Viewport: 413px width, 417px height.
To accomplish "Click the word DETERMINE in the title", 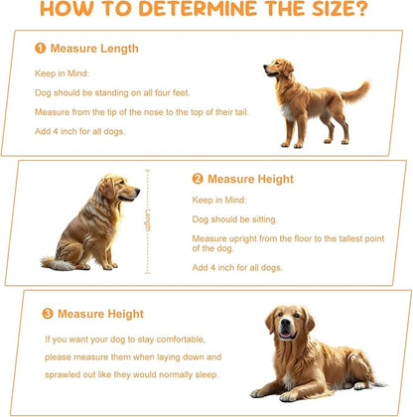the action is pyautogui.click(x=198, y=8).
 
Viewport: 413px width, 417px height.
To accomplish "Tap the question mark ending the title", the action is pyautogui.click(x=361, y=8).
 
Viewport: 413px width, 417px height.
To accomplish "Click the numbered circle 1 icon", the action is pyautogui.click(x=41, y=49).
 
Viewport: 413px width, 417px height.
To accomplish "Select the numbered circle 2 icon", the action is pyautogui.click(x=198, y=179).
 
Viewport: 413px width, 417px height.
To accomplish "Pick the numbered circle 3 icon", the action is pyautogui.click(x=48, y=314).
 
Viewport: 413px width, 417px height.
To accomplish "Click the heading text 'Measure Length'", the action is pyautogui.click(x=94, y=49).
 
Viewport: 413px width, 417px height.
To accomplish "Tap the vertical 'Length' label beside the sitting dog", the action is pyautogui.click(x=148, y=220).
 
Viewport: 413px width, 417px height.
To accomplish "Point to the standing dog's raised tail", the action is pyautogui.click(x=355, y=92).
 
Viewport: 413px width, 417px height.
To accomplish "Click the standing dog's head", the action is pyautogui.click(x=278, y=68).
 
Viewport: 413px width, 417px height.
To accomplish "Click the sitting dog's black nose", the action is pyautogui.click(x=137, y=191).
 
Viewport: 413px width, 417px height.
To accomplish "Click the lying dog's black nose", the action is pyautogui.click(x=285, y=323).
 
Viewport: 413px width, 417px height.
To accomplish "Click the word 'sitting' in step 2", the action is pyautogui.click(x=264, y=219).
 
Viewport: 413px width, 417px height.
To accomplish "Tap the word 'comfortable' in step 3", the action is pyautogui.click(x=181, y=340).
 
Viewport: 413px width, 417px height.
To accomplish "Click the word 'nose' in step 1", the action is pyautogui.click(x=153, y=112).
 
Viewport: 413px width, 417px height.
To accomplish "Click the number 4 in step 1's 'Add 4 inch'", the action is pyautogui.click(x=56, y=131).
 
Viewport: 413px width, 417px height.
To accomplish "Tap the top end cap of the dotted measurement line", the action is pyautogui.click(x=148, y=171).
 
